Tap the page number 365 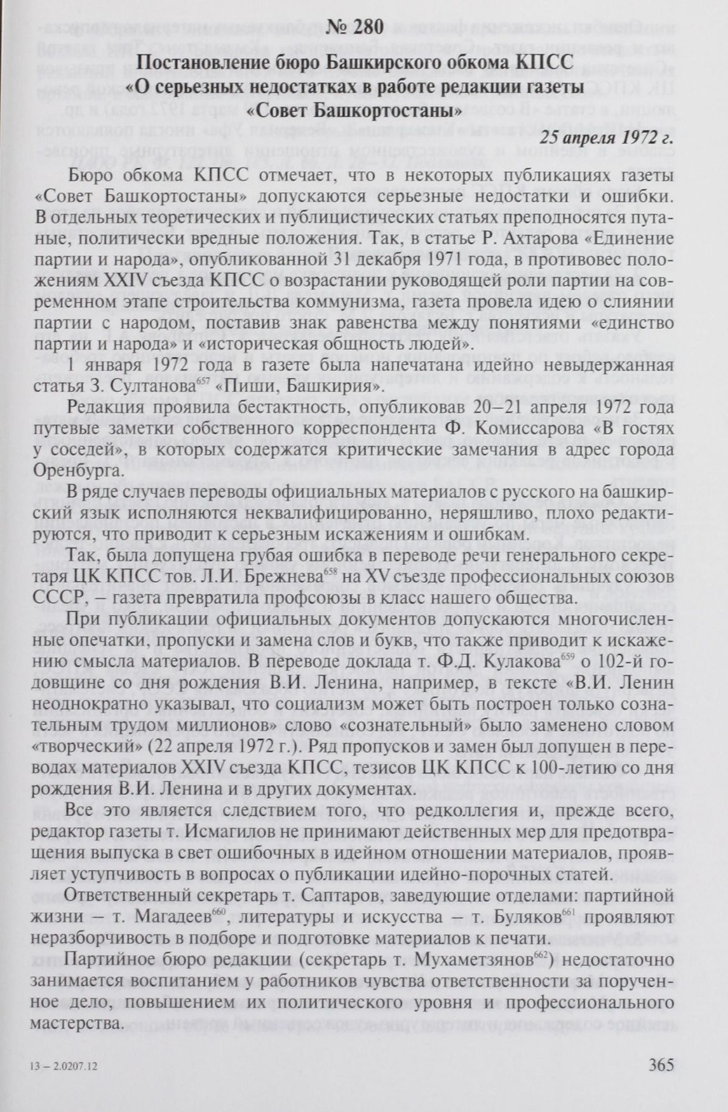(661, 1064)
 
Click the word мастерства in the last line (76, 1024)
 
